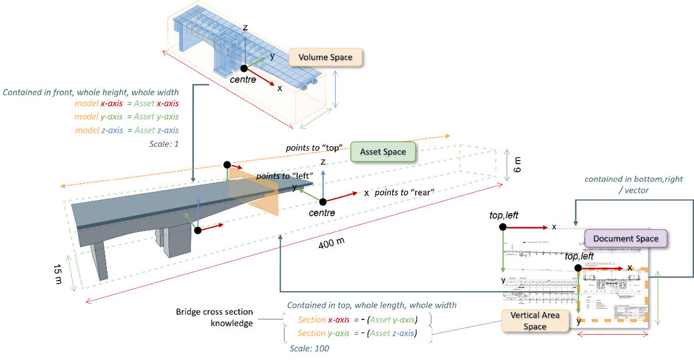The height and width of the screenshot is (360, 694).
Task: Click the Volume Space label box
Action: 325,57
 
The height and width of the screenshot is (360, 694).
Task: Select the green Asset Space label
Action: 383,151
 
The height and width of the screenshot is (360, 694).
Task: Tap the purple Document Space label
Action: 625,239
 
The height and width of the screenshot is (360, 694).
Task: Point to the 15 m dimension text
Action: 58,273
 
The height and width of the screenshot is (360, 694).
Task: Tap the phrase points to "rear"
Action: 405,192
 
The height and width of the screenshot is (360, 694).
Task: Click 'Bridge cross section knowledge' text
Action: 215,317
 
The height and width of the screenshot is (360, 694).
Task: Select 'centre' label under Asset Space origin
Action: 322,213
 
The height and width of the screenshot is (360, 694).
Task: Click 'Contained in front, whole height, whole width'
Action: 91,92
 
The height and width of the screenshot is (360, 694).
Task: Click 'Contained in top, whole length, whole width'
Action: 371,305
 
